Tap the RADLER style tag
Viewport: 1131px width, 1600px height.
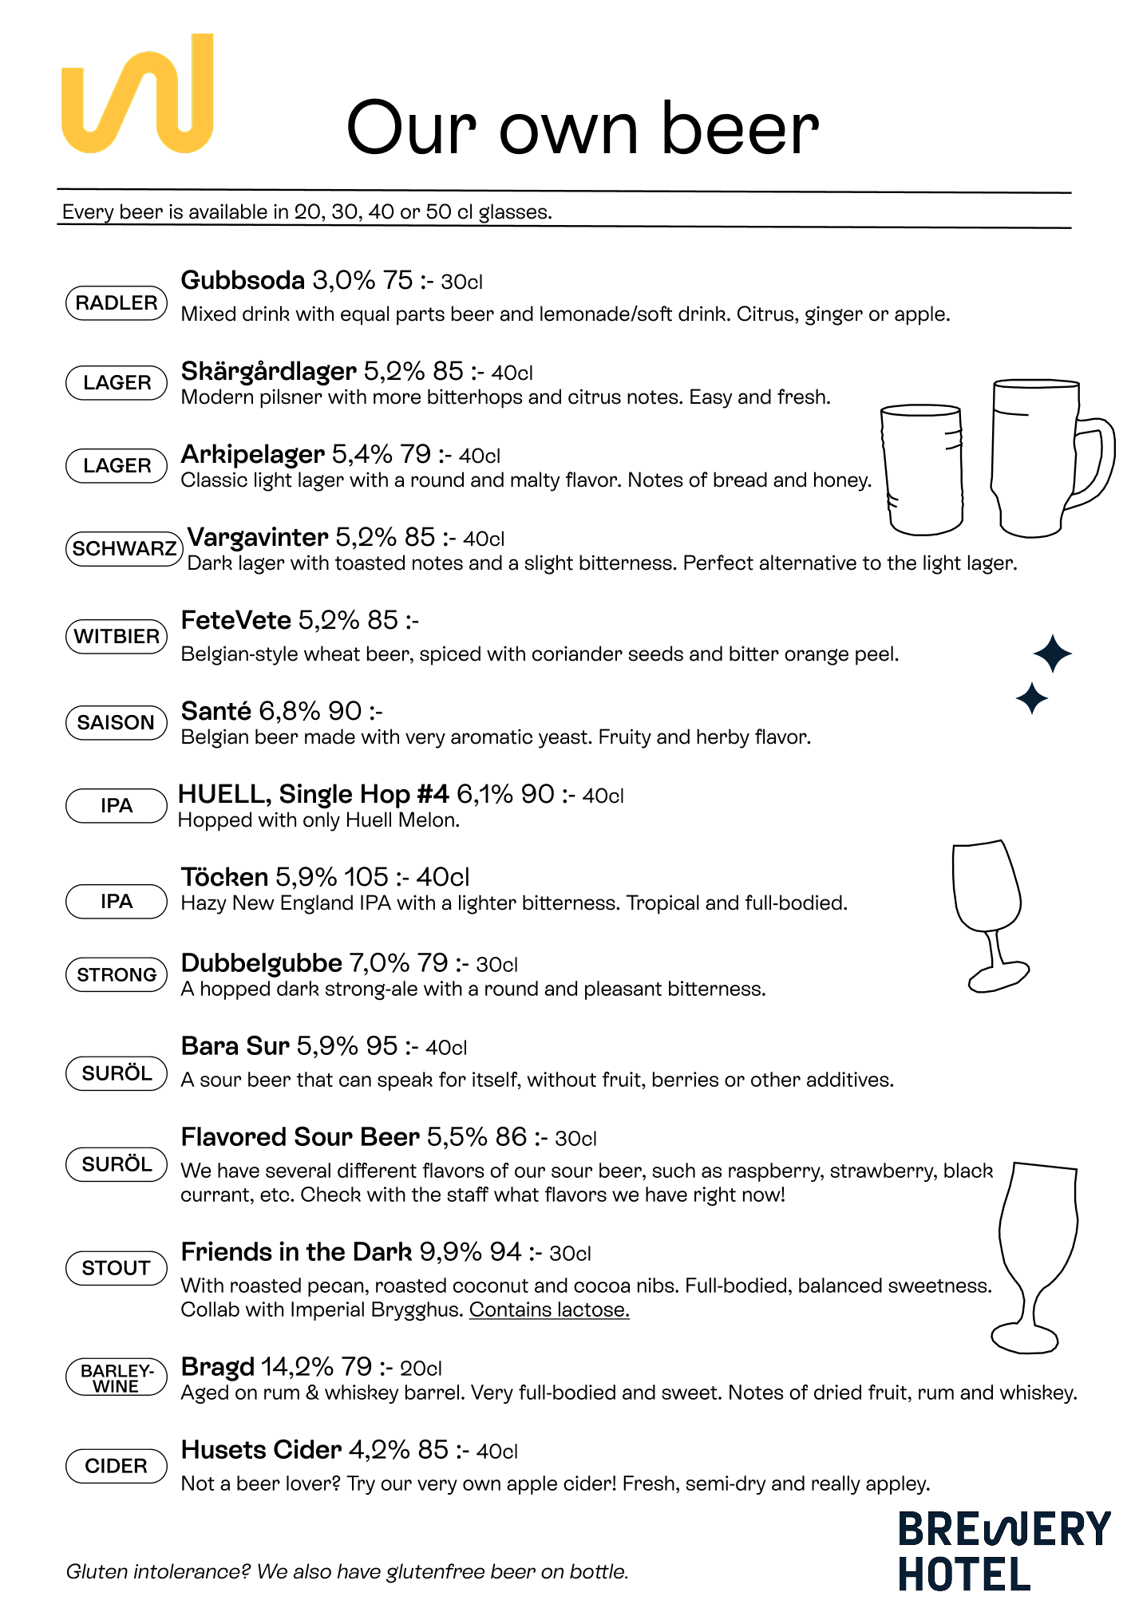[117, 303]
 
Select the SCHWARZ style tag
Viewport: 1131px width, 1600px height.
[124, 549]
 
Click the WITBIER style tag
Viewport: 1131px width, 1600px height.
[117, 637]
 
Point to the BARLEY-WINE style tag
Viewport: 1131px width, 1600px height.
[117, 1378]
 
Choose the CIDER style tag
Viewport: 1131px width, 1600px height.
[117, 1466]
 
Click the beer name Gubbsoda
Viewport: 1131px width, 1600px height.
[243, 281]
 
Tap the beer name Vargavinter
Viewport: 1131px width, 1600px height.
[258, 538]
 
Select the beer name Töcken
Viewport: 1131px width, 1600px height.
[224, 878]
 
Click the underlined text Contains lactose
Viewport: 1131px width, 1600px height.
[549, 1310]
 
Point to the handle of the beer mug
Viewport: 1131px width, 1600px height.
[1095, 463]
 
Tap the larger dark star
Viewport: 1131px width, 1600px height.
[1053, 654]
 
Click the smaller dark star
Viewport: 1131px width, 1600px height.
[1032, 699]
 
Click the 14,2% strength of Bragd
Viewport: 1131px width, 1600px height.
[297, 1367]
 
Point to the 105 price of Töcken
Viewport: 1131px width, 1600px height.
[366, 878]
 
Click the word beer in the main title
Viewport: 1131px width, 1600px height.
[740, 129]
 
